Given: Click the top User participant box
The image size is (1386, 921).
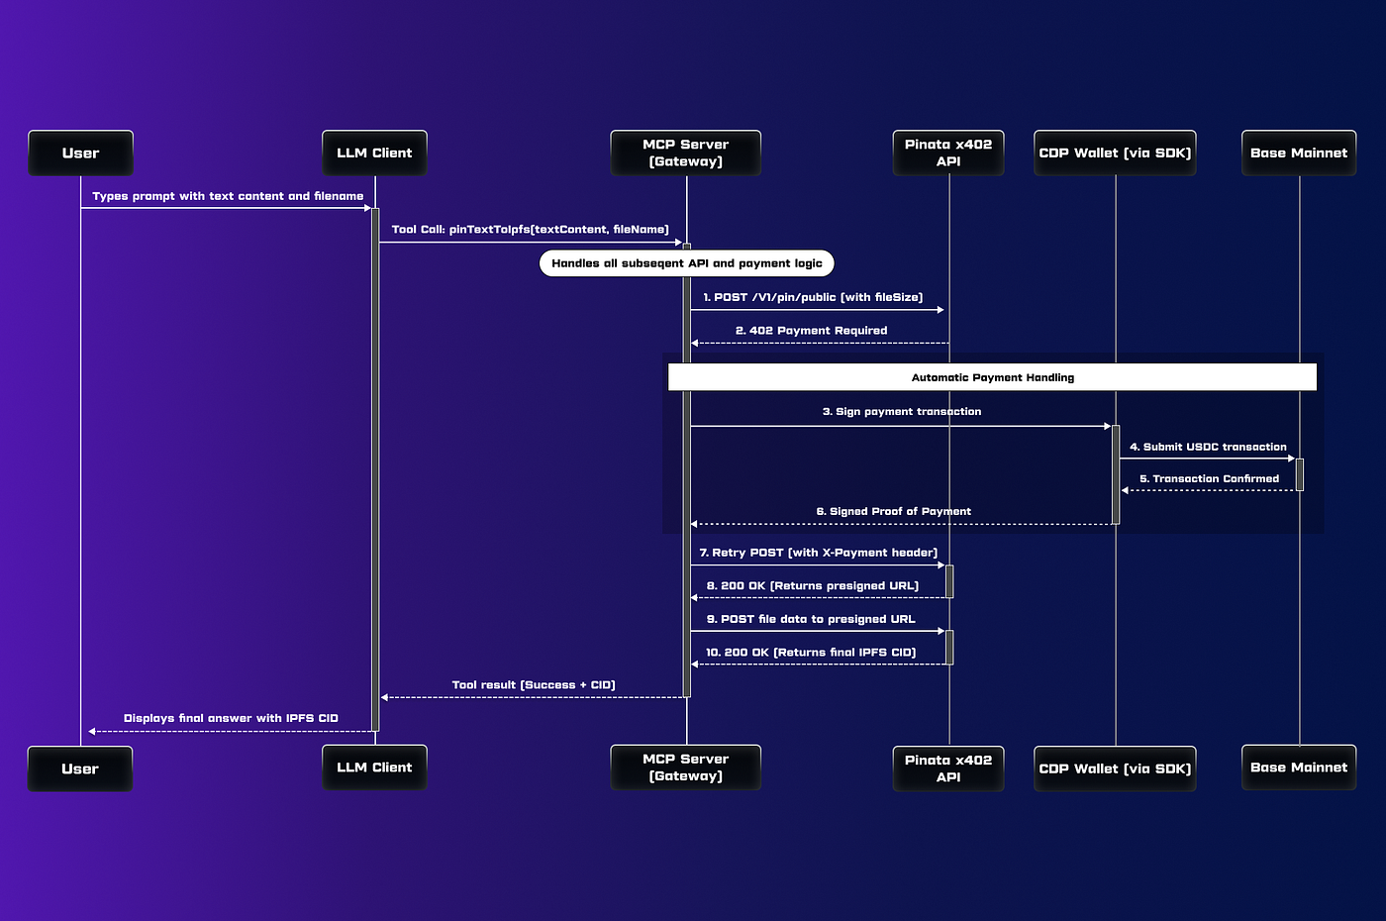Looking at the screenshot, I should pyautogui.click(x=80, y=153).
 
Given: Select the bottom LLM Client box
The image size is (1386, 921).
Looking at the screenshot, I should pyautogui.click(x=374, y=767).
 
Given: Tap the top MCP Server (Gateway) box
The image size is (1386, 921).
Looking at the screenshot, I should pyautogui.click(x=685, y=153).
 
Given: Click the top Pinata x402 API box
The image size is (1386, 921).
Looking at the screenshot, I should pyautogui.click(x=948, y=153).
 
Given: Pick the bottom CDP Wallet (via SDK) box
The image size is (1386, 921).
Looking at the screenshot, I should pyautogui.click(x=1115, y=768).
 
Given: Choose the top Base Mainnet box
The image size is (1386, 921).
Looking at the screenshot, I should pyautogui.click(x=1299, y=153).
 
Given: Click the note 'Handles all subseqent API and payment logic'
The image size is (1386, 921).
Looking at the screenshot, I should pyautogui.click(x=687, y=263).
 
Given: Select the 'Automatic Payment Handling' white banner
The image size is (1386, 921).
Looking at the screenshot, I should pyautogui.click(x=992, y=377).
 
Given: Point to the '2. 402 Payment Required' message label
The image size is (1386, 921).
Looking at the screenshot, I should pyautogui.click(x=811, y=331).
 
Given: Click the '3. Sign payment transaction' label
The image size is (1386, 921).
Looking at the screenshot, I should pyautogui.click(x=902, y=412).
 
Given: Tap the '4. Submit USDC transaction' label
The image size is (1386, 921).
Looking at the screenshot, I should pyautogui.click(x=1208, y=448).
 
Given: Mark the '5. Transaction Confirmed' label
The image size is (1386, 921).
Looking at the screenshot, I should pyautogui.click(x=1209, y=479).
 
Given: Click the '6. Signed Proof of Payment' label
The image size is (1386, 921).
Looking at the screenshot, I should pyautogui.click(x=893, y=512).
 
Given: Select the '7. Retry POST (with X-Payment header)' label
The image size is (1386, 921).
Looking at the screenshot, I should pyautogui.click(x=818, y=553).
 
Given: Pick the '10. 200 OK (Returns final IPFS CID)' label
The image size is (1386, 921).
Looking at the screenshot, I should pyautogui.click(x=811, y=653).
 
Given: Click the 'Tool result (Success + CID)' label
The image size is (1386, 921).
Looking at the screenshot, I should pyautogui.click(x=534, y=685).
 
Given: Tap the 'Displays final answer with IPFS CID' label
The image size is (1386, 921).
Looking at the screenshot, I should pyautogui.click(x=231, y=719).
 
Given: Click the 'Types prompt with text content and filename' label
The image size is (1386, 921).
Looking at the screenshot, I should pyautogui.click(x=228, y=196).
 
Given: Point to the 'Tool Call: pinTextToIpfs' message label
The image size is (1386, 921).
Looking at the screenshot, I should pyautogui.click(x=530, y=230).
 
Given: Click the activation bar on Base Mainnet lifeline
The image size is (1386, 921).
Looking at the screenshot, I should pyautogui.click(x=1300, y=474).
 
